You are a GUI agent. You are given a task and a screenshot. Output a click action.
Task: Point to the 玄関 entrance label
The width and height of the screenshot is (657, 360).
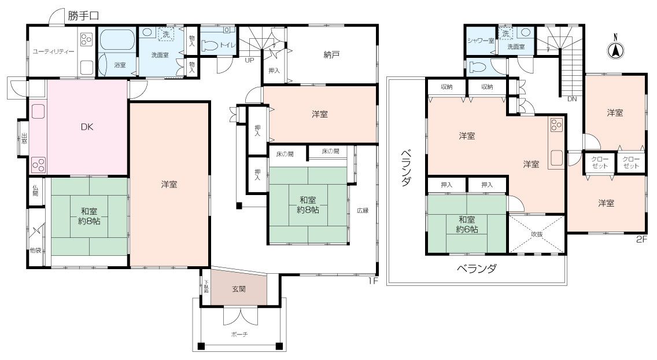point(238,288)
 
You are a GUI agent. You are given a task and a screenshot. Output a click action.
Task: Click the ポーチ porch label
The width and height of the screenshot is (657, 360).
point(238,334)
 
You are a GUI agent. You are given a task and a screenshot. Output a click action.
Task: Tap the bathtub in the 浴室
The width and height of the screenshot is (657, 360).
point(117,41)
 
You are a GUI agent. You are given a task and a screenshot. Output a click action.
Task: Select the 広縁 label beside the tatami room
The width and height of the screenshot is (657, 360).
point(363,210)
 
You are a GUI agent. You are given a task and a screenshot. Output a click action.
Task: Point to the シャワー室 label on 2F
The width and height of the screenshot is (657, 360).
point(481,41)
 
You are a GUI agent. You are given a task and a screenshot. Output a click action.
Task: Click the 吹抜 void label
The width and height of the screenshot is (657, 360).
point(536,234)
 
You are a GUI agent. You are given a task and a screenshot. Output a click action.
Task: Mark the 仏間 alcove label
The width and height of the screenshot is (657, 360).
point(35,190)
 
